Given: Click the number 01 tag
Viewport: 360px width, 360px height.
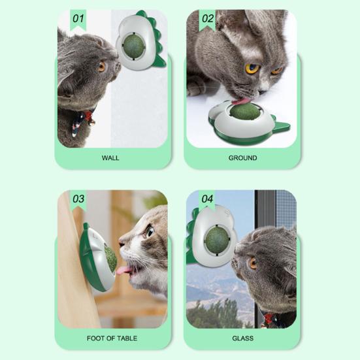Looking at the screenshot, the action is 78,20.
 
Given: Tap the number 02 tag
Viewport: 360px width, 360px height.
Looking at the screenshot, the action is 207,20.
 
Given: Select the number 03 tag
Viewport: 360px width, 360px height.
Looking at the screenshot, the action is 78,200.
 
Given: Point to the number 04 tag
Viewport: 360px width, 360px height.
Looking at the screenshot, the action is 207,200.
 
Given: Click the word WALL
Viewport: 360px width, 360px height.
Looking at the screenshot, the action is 110,158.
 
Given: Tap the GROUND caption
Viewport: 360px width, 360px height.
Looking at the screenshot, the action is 242,158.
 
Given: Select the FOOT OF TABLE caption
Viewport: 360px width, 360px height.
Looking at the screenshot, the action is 112,338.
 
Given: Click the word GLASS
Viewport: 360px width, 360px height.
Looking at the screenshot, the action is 243,338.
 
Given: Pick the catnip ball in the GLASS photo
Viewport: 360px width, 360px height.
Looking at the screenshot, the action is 217,240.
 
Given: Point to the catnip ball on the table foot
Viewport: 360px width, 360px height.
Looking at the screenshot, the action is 111,257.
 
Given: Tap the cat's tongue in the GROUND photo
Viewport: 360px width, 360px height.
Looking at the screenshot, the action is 240,101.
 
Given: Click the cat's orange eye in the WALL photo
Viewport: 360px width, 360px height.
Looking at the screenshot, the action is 101,67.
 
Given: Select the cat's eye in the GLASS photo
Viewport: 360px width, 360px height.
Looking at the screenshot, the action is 253,263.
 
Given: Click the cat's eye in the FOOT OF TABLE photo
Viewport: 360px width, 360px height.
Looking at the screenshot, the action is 149,231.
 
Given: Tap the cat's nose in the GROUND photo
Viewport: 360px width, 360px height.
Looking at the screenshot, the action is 262,92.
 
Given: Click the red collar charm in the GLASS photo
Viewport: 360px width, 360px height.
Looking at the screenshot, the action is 267,318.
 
